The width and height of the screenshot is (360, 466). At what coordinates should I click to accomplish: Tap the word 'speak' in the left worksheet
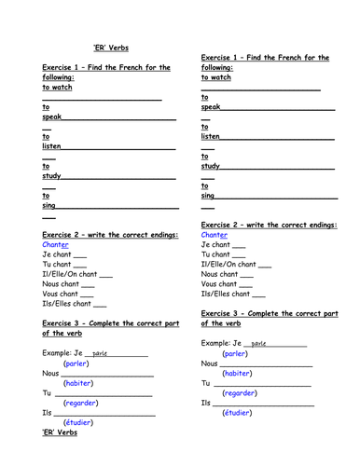(x=53, y=119)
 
